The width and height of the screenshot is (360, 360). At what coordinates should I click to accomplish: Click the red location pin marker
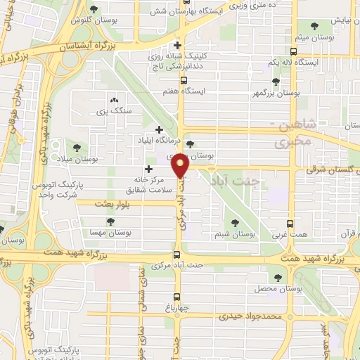coord(180,165)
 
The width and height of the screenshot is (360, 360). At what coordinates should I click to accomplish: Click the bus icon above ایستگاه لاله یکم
coord(293,51)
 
